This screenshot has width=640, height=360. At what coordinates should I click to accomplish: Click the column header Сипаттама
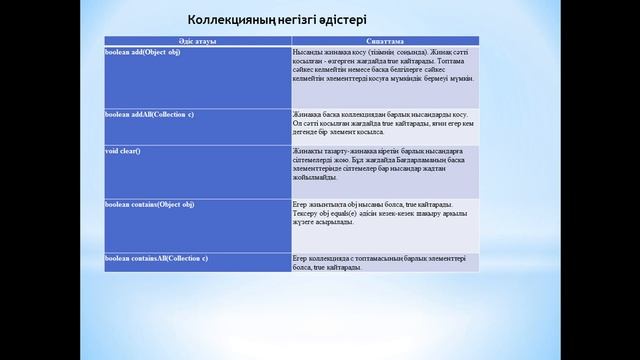(x=384, y=40)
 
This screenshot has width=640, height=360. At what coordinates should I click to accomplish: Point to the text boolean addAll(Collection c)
(x=149, y=114)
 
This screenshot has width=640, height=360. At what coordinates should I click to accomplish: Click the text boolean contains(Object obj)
(x=149, y=204)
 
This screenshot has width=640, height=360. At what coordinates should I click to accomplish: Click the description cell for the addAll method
(x=384, y=123)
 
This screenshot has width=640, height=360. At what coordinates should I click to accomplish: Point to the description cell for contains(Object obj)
(x=384, y=213)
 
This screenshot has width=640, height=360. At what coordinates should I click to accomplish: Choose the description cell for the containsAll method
(x=384, y=262)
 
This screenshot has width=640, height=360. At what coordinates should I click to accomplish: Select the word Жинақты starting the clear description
(x=306, y=150)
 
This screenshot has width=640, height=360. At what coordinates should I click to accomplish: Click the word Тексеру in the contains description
(x=306, y=213)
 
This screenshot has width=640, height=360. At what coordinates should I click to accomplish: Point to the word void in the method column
(x=111, y=150)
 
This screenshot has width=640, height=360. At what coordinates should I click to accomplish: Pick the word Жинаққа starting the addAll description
(x=306, y=115)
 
